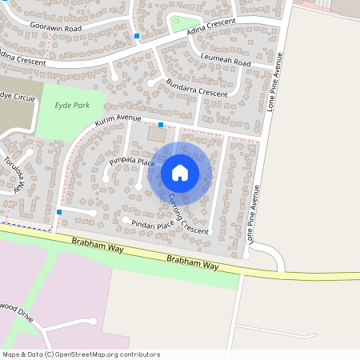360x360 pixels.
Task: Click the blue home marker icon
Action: coord(179,172)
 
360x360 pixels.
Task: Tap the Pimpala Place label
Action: coord(131,162)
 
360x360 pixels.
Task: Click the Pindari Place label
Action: coord(154,224)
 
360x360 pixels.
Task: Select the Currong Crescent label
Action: coord(189,214)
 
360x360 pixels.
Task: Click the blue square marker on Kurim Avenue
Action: coord(161,125)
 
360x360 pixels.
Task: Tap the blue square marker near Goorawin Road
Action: coord(137,36)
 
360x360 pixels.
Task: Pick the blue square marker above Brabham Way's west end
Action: coord(59,212)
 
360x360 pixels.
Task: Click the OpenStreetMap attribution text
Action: coord(80,354)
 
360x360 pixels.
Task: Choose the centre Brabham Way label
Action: coord(192,261)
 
